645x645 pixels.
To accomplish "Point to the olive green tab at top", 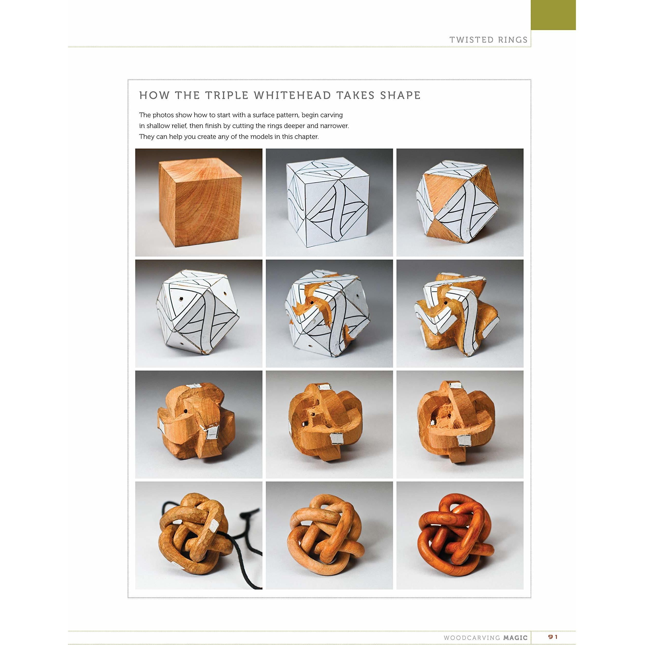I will point(553,15).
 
